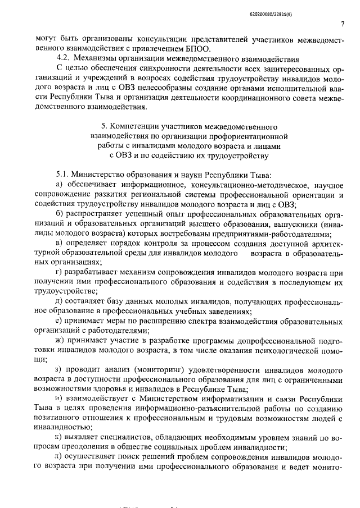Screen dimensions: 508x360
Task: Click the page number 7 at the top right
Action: [342, 24]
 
